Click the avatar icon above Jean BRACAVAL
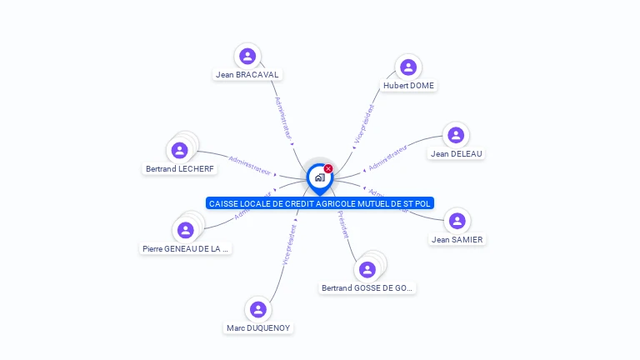coord(247,56)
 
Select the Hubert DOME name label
coord(408,85)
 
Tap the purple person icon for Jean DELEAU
coord(455,135)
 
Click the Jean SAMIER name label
coord(457,239)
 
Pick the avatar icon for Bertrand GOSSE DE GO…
coord(367,269)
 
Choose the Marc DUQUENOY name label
coord(258,327)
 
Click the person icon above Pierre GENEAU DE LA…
coord(185,230)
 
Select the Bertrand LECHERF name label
coord(180,168)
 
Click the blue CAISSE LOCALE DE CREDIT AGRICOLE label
coord(320,203)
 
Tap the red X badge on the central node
coord(328,168)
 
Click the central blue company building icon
coord(319,177)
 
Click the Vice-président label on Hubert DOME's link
coord(365,125)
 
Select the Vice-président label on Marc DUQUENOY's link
coord(289,244)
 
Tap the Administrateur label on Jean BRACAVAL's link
coord(283,117)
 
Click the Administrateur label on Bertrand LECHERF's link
coord(249,164)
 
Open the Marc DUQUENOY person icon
coord(258,310)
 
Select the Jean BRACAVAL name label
coord(247,74)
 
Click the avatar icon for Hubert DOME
coord(407,67)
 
